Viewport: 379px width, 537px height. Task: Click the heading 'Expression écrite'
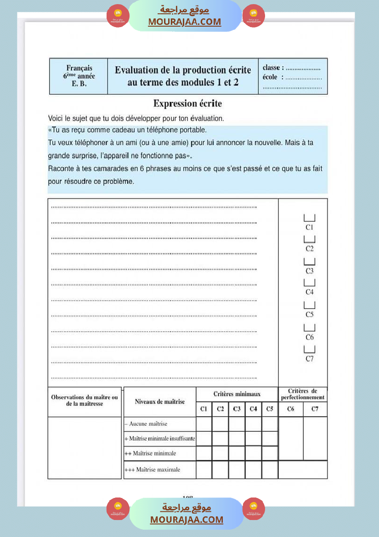187,103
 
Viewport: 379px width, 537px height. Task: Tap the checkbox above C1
309,218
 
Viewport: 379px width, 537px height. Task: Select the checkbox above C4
309,283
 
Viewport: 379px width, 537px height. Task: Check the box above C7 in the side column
309,349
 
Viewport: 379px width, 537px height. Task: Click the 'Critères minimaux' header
237,394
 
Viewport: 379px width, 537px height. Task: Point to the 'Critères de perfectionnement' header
303,394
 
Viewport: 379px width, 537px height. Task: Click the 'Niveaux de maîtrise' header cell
160,401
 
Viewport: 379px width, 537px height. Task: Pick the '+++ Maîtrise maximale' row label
152,469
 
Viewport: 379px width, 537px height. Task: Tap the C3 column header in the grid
237,409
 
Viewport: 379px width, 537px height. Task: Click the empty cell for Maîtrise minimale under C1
204,453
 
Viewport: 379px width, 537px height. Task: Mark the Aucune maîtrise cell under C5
270,424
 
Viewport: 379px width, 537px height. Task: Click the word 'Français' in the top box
79,68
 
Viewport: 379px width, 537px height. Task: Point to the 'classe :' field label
273,68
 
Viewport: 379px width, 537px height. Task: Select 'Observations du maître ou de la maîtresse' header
85,400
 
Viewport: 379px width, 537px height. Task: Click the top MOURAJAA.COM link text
184,22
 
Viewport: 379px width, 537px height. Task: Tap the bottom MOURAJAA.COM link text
187,520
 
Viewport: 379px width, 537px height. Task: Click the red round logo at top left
118,16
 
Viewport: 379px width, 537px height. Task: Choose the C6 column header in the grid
290,409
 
